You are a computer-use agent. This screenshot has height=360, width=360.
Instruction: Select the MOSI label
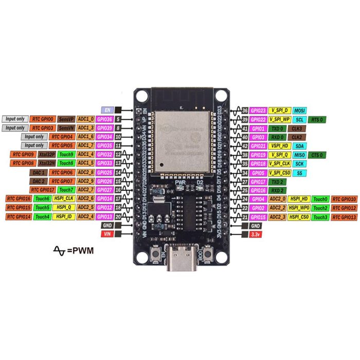tap(299, 111)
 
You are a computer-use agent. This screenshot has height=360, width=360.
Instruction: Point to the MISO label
tap(299, 154)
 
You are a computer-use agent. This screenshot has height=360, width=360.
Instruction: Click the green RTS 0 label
tap(317, 119)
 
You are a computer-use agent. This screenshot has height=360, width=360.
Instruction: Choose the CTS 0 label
tap(317, 154)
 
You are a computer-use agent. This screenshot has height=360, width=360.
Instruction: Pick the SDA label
tap(299, 146)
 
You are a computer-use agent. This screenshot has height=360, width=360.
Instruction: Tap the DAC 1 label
tap(40, 172)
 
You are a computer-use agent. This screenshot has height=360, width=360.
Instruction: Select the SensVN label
tap(66, 128)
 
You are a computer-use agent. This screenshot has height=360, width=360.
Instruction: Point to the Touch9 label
tap(66, 154)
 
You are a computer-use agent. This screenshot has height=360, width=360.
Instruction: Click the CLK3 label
tap(297, 128)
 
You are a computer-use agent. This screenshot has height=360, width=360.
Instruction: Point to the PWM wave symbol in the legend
tap(60, 250)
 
